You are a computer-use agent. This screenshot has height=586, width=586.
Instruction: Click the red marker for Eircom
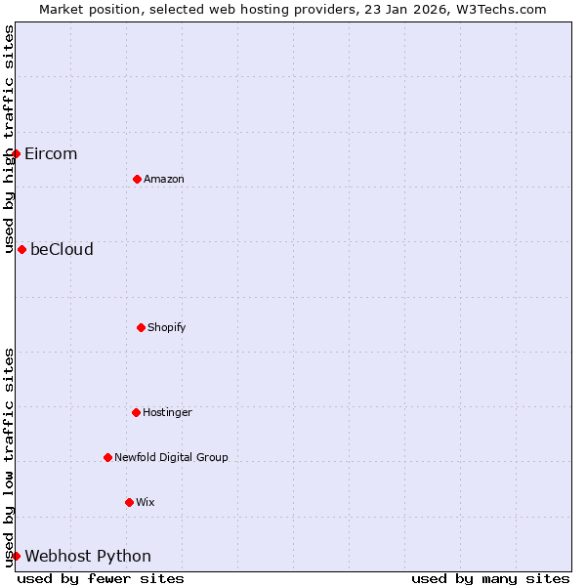[x=16, y=153]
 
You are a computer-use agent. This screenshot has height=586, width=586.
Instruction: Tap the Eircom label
[x=51, y=153]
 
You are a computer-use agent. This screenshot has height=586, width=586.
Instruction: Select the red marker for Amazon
[x=137, y=179]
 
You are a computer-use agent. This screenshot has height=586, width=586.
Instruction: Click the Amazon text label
[x=163, y=179]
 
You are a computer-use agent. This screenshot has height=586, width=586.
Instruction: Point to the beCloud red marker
[x=21, y=249]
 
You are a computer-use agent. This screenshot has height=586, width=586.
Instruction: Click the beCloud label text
[x=62, y=249]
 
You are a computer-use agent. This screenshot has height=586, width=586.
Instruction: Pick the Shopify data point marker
[x=141, y=327]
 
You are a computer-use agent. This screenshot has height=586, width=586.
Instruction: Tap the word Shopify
[x=166, y=327]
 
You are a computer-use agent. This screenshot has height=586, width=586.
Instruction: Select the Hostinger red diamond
[x=136, y=412]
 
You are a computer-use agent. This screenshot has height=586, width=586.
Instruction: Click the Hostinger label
[x=167, y=412]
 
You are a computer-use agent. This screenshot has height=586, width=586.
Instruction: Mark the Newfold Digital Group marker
[x=107, y=457]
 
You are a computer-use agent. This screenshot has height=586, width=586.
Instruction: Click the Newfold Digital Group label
[x=171, y=457]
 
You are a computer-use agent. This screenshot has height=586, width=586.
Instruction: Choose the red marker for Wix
[x=129, y=502]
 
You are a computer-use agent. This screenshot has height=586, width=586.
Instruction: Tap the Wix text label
[x=145, y=502]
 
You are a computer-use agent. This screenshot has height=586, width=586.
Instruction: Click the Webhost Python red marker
[x=16, y=556]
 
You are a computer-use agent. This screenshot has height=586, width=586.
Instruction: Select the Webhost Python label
[x=88, y=556]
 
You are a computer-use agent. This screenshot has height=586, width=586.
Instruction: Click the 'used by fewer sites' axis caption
[x=101, y=578]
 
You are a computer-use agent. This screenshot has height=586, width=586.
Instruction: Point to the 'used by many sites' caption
[x=490, y=578]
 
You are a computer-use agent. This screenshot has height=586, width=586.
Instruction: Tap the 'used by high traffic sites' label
[x=9, y=139]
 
